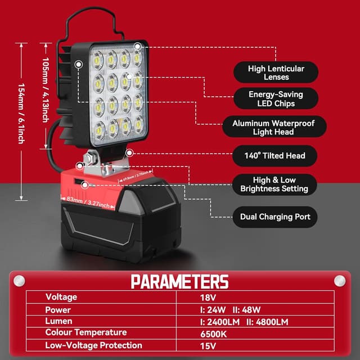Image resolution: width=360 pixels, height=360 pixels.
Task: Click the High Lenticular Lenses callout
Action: (276, 73)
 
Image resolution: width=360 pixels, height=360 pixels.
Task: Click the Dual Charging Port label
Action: (274, 215)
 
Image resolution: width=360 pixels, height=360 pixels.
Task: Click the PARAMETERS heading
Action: (179, 281)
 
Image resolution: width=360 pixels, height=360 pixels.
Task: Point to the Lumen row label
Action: (59, 321)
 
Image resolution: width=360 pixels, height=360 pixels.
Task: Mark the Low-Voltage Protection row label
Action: (93, 345)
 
